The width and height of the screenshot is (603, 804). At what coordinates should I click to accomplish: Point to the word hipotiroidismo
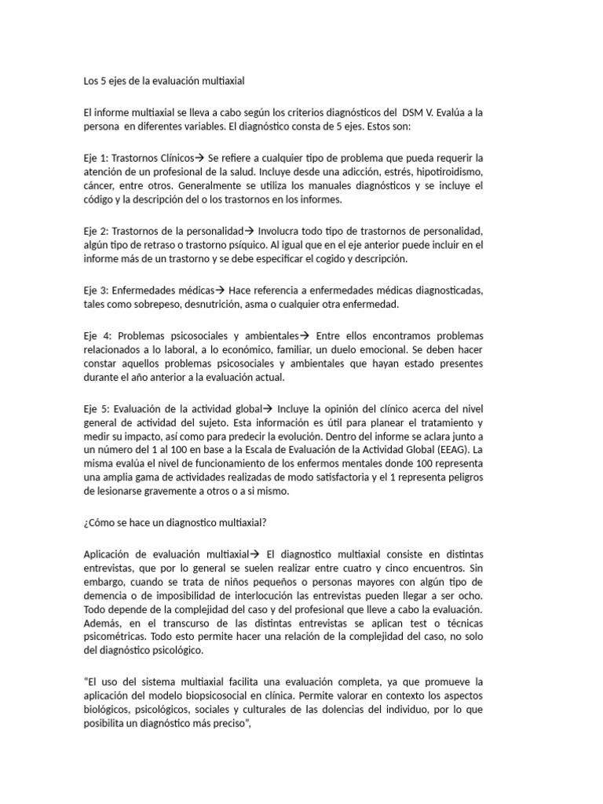(x=447, y=172)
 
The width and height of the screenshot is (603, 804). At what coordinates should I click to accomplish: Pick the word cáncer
(x=100, y=186)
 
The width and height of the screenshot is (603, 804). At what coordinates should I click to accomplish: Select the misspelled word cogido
(x=334, y=259)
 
